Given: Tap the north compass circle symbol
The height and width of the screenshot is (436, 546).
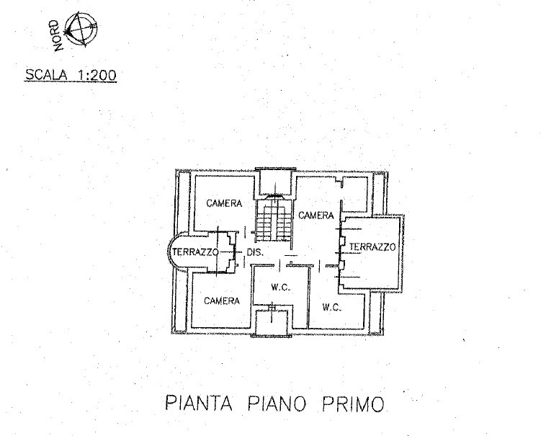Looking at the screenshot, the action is point(81,29).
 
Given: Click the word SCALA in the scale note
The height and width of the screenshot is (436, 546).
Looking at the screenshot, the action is point(46,74).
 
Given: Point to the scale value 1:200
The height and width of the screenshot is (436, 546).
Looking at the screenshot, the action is point(98,74).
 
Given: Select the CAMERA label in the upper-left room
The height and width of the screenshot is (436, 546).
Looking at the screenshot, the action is point(224,203).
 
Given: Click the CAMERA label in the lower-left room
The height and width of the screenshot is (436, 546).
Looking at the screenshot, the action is point(222,301).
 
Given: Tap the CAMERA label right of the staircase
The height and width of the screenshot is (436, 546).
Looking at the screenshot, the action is point(316,215).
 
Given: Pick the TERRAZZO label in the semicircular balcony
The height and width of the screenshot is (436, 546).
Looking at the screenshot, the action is point(195,252).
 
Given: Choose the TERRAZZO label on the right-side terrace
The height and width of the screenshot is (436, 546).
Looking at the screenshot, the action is point(372,247).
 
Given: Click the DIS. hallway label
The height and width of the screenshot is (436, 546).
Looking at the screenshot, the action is point(255,252).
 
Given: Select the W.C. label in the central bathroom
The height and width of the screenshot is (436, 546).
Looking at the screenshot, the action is point(280,288).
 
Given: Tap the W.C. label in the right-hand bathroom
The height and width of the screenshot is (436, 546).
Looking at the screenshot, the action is point(331,308).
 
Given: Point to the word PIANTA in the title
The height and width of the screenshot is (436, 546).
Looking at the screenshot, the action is point(199,403).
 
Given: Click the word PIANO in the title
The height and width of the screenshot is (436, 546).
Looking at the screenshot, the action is point(277,404).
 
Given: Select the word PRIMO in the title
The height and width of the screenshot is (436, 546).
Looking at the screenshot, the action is point(353,404).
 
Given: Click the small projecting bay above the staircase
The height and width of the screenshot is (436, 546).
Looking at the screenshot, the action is point(275,182).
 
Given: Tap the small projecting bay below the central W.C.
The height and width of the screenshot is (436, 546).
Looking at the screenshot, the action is point(272,322).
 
